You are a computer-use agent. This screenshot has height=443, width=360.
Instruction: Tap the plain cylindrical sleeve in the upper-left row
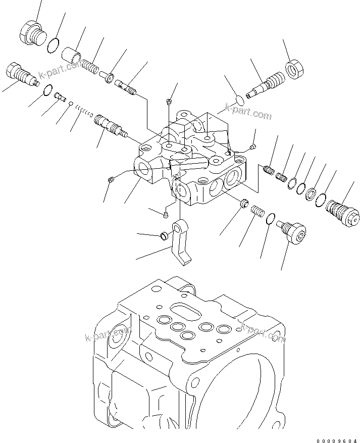click(x=72, y=54)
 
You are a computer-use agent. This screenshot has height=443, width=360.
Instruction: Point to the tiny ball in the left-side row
click(x=72, y=104)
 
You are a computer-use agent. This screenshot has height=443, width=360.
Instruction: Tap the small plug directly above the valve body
click(x=169, y=103)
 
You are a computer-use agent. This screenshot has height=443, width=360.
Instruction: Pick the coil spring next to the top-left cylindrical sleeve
click(x=91, y=66)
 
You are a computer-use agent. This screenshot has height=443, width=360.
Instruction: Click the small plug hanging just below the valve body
click(x=166, y=216)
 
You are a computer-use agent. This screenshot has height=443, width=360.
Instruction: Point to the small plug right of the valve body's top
click(x=252, y=146)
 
